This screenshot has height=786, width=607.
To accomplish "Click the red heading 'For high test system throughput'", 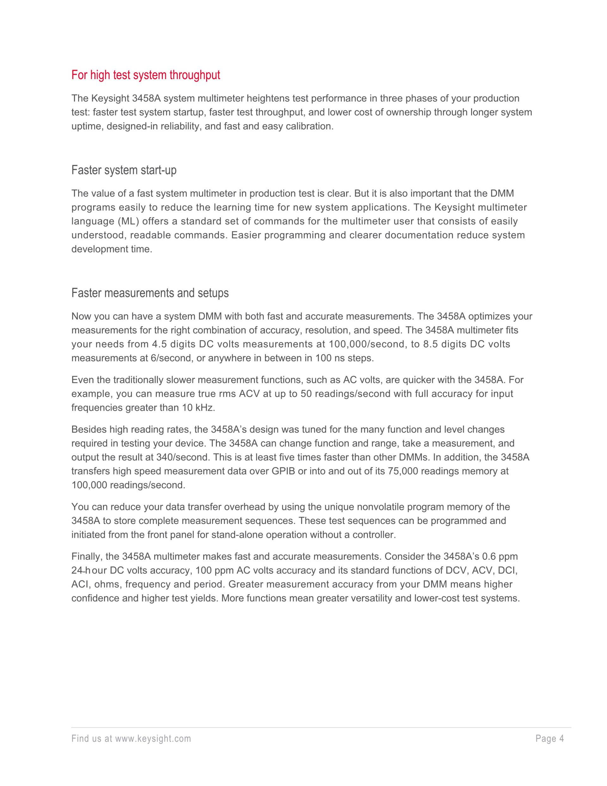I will [146, 75].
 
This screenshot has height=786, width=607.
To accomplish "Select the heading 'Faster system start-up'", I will [124, 170].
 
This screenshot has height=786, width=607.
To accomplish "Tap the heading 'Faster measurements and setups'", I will [150, 293].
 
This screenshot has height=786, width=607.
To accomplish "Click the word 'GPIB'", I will [283, 471].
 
